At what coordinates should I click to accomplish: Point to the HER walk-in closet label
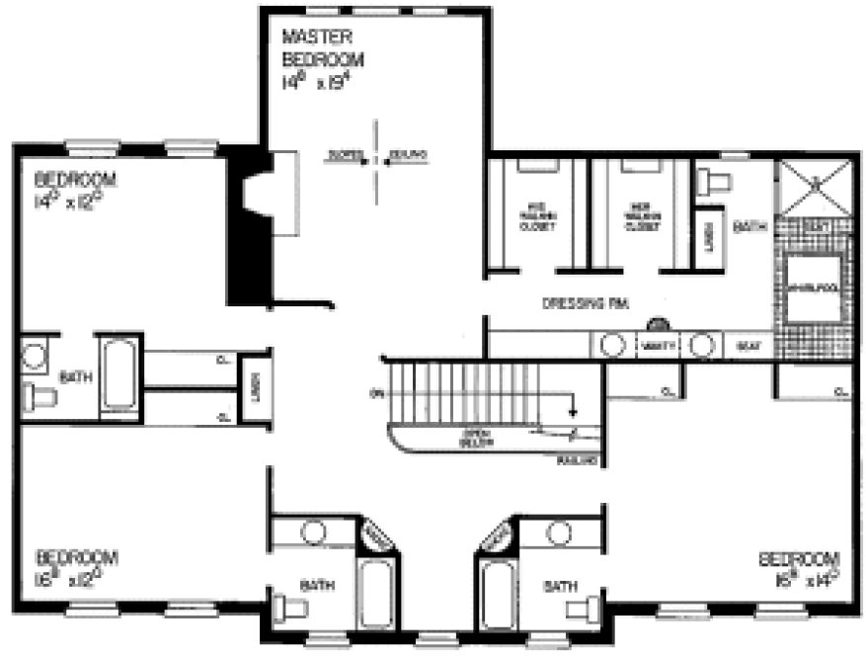click(x=641, y=216)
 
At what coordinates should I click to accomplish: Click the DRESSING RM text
click(x=586, y=304)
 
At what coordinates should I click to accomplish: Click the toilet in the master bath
click(x=713, y=182)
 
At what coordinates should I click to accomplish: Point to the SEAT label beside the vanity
click(x=748, y=346)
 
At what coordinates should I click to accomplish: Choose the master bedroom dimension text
click(x=315, y=82)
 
